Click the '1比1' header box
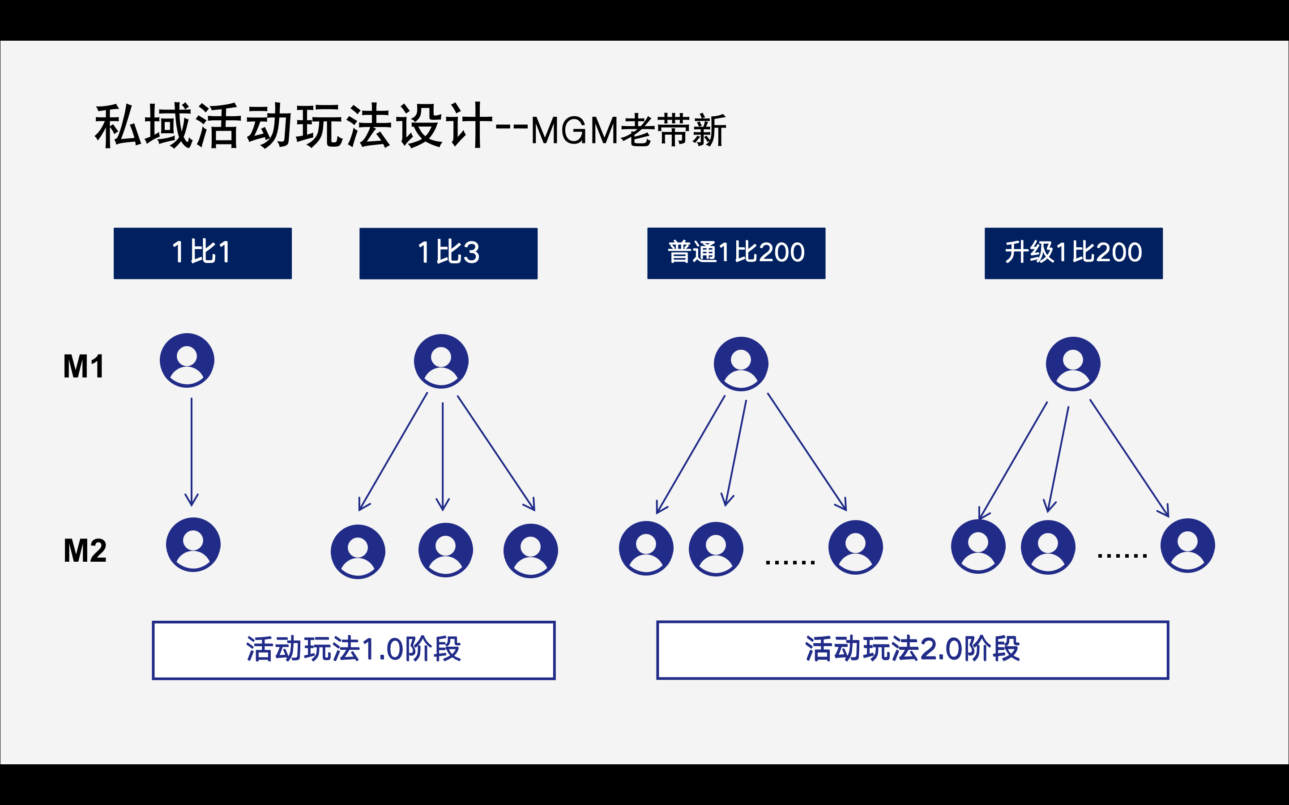point(202,254)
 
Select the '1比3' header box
point(448,254)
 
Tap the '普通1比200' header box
point(736,254)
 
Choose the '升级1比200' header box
point(1074,254)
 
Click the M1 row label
point(84,366)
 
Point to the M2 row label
point(85,551)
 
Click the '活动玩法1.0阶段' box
point(354,650)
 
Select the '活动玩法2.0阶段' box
point(913,650)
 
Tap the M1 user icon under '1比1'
point(187,360)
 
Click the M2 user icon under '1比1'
point(193,545)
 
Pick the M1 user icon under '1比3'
point(441,361)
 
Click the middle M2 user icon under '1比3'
point(445,550)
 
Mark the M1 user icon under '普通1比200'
point(741,364)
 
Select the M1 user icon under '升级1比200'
point(1073,364)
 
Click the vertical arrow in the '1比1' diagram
point(192,452)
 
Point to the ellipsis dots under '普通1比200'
point(790,562)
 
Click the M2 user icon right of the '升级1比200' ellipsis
point(1188,546)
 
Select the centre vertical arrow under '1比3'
point(443,457)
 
